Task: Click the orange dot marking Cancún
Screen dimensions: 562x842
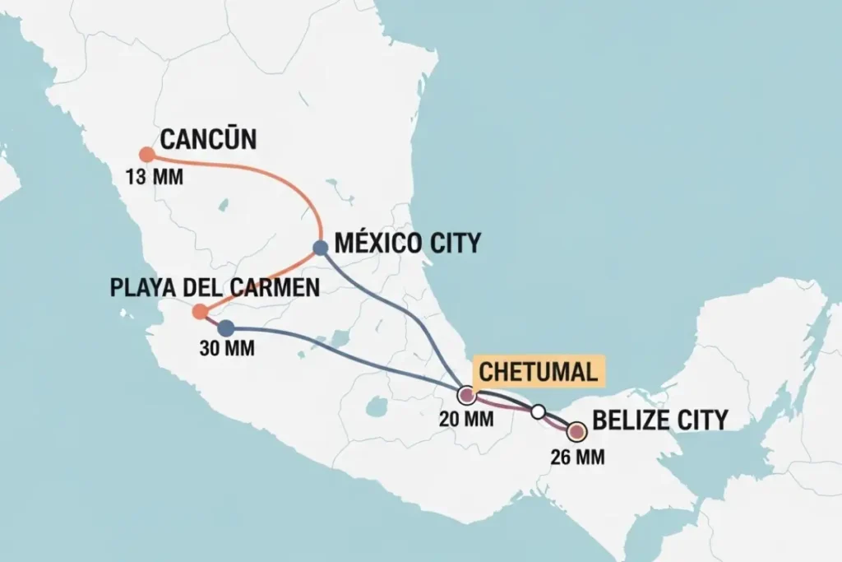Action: coord(146,154)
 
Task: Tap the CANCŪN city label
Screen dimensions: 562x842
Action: coord(208,139)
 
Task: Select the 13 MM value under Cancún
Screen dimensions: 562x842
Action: coord(155,177)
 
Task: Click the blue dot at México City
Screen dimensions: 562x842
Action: coord(321,248)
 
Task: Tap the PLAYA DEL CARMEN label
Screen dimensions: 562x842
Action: coord(214,288)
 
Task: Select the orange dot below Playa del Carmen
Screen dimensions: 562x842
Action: coord(199,311)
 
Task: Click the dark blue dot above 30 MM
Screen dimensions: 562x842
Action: coord(226,327)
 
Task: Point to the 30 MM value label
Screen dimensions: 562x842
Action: coord(227,348)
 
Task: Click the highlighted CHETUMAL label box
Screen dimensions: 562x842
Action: coord(538,371)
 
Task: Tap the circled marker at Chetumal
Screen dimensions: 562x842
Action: coord(467,396)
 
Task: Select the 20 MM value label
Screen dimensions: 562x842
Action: coord(465,420)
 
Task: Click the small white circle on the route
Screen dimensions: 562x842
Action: coord(538,411)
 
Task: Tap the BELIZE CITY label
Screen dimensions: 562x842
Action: coord(659,420)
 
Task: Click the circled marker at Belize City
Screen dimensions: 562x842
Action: coord(576,431)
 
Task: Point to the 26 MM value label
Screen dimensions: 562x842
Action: coord(576,457)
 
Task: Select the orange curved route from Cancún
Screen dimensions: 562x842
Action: coord(280,180)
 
